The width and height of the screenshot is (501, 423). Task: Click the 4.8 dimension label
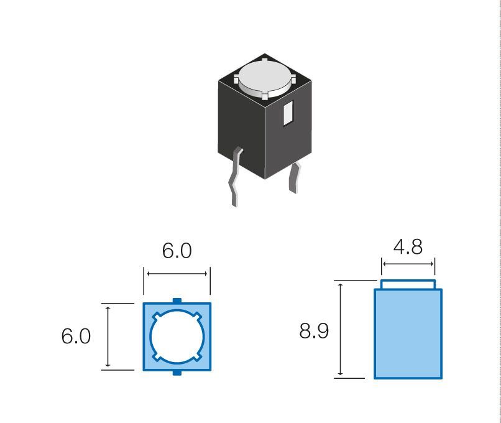click(x=408, y=247)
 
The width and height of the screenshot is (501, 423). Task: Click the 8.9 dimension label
click(x=314, y=330)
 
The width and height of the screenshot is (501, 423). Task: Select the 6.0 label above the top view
click(x=177, y=251)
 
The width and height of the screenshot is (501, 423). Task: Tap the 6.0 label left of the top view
click(x=76, y=336)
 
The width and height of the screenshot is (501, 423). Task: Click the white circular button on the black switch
click(x=265, y=78)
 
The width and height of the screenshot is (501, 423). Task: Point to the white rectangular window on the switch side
click(x=288, y=113)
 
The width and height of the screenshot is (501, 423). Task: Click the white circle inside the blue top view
click(x=177, y=337)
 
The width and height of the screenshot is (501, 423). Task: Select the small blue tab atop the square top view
click(x=177, y=300)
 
